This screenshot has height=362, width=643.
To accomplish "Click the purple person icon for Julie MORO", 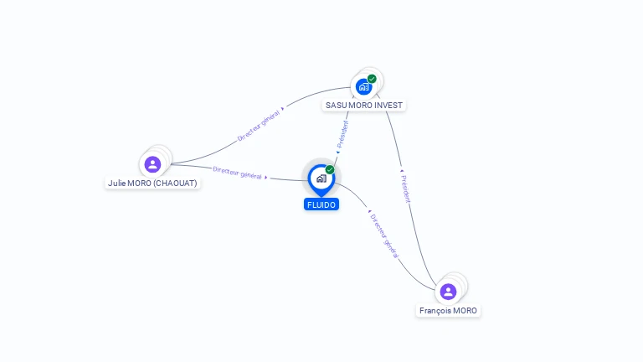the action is pyautogui.click(x=152, y=164).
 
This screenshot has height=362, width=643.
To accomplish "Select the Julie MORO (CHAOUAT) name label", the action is pyautogui.click(x=152, y=183).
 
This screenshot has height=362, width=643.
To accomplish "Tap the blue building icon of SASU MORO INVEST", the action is pyautogui.click(x=363, y=86).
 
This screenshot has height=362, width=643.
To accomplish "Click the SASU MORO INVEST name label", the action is pyautogui.click(x=364, y=106).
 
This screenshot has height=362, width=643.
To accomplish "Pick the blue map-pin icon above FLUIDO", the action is pyautogui.click(x=321, y=178).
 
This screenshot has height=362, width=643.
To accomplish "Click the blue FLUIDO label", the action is pyautogui.click(x=321, y=204).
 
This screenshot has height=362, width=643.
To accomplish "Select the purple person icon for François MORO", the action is pyautogui.click(x=448, y=292).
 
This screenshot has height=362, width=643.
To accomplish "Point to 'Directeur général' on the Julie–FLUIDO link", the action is pyautogui.click(x=237, y=173).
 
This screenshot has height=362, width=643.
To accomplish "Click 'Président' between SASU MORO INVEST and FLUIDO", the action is pyautogui.click(x=342, y=134).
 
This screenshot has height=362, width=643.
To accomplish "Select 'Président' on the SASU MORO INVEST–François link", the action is pyautogui.click(x=406, y=189).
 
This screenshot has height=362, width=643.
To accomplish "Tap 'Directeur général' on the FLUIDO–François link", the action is pyautogui.click(x=384, y=235).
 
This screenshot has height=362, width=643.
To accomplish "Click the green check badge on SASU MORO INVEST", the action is pyautogui.click(x=372, y=79).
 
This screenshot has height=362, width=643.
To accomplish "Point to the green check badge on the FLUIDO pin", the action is pyautogui.click(x=330, y=170).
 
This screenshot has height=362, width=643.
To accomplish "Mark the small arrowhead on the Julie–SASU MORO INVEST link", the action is pyautogui.click(x=283, y=108).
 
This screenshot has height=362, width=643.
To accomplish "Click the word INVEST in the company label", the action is pyautogui.click(x=388, y=106).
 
